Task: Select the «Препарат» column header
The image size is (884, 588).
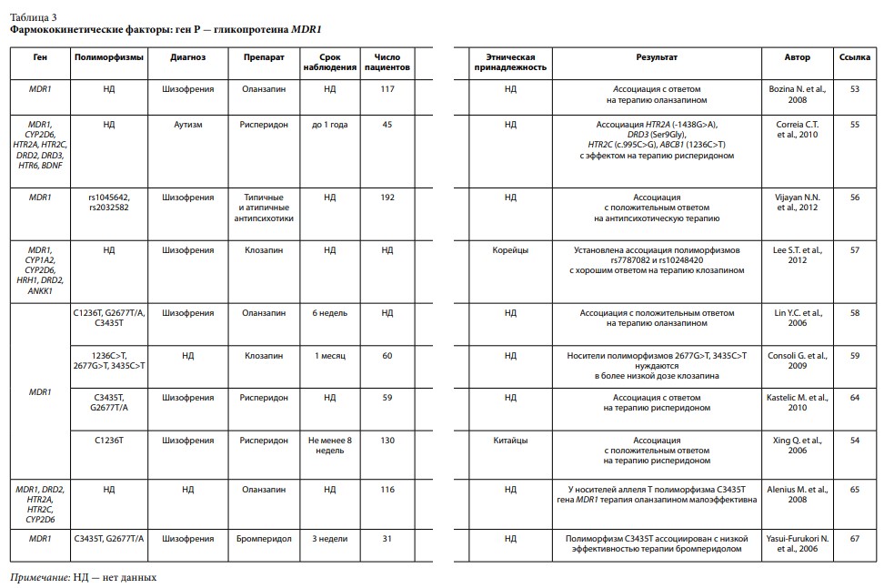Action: click(264, 56)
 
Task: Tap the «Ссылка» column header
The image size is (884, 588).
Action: click(854, 56)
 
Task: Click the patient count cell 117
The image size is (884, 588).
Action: click(387, 88)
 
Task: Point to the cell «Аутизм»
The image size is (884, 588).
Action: click(187, 124)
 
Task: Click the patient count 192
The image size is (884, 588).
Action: click(387, 197)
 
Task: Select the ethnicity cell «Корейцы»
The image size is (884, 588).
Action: click(510, 248)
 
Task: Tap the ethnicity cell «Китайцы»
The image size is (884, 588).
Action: click(510, 441)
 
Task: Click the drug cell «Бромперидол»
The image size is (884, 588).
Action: click(264, 538)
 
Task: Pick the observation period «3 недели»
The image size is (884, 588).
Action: click(329, 538)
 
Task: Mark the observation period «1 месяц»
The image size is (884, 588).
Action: click(329, 355)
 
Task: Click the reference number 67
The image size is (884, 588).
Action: click(854, 538)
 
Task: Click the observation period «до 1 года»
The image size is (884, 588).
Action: click(329, 124)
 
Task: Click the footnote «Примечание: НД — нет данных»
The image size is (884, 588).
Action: click(84, 577)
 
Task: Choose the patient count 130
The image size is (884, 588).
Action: click(387, 441)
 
